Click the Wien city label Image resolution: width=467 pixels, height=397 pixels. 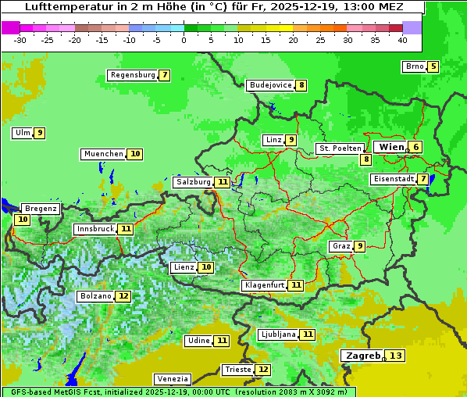(391, 147)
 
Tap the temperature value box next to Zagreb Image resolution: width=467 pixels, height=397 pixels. (396, 356)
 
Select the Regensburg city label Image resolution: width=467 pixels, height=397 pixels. (133, 75)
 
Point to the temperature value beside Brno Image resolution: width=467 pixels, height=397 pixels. (433, 66)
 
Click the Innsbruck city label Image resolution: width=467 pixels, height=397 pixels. (94, 229)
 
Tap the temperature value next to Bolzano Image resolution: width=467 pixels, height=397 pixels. (123, 296)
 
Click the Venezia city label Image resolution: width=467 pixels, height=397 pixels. (172, 378)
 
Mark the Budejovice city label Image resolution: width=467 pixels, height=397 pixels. (270, 85)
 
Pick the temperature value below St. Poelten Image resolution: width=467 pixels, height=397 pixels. (365, 159)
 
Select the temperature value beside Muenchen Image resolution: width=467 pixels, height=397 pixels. (135, 154)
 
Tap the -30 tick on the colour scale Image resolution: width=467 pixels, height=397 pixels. (20, 39)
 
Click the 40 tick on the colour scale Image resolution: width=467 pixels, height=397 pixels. (402, 39)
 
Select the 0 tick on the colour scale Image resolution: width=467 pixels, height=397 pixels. (184, 39)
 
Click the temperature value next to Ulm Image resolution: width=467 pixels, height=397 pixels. (40, 133)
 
